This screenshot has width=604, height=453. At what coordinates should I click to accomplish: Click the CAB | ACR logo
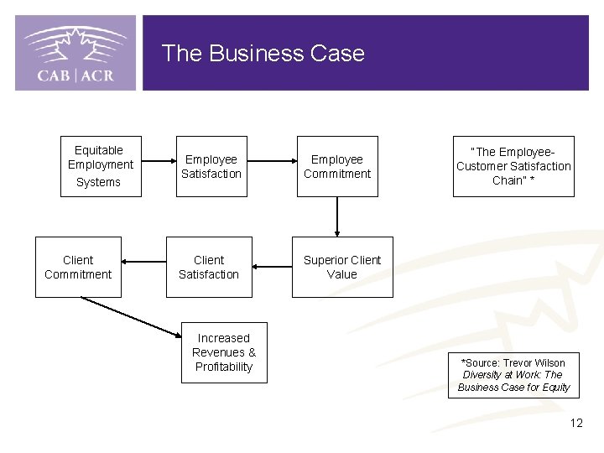(75, 53)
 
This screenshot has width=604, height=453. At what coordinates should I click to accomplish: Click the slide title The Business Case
(263, 53)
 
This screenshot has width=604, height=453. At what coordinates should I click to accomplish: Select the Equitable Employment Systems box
(101, 166)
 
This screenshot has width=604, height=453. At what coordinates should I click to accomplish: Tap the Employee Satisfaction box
(211, 166)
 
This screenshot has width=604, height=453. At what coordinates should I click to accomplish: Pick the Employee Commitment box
(336, 166)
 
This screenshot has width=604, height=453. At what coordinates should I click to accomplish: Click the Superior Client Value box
(341, 267)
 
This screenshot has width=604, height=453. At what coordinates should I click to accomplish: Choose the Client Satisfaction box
(209, 267)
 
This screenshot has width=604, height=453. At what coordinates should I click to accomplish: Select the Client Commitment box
(78, 267)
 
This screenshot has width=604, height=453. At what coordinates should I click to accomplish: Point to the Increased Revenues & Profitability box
(224, 352)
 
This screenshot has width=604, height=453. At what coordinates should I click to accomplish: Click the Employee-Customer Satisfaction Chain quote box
(513, 166)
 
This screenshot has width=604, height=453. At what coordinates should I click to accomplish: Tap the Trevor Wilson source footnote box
(513, 375)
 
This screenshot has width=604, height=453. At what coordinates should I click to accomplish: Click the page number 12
(575, 423)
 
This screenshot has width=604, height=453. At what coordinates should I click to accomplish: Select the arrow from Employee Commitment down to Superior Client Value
(336, 217)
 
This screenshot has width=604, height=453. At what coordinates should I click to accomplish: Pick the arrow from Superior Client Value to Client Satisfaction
(272, 268)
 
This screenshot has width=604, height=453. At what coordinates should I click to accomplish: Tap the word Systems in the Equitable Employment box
(99, 182)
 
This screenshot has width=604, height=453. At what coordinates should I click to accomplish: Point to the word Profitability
(224, 367)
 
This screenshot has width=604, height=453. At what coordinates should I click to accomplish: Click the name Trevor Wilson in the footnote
(534, 362)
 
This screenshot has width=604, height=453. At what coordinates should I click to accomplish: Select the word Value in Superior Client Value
(341, 274)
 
